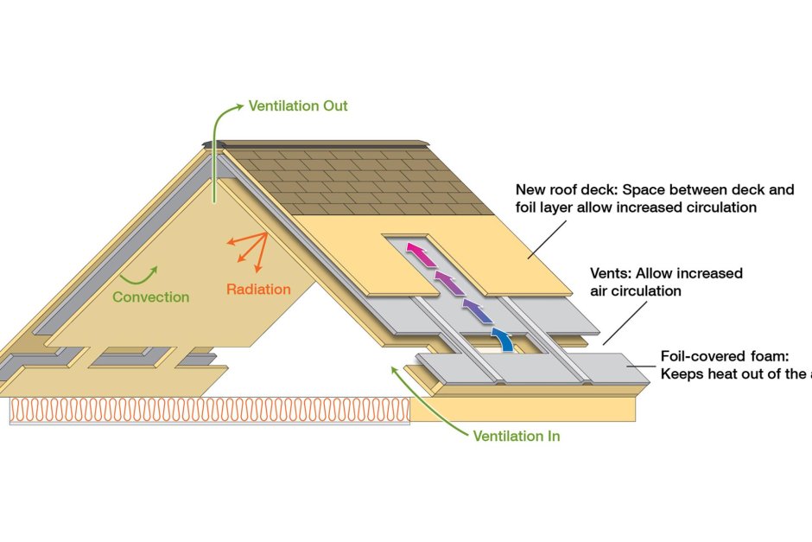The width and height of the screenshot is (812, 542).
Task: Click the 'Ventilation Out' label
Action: tap(298, 106)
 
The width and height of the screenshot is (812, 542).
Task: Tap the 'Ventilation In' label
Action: tap(516, 436)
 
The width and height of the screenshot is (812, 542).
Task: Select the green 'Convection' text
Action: tap(151, 297)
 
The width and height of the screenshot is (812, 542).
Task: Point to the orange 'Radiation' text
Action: tap(258, 289)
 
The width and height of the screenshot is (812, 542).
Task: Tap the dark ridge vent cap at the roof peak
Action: tap(213, 143)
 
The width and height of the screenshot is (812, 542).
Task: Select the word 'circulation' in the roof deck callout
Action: tap(721, 207)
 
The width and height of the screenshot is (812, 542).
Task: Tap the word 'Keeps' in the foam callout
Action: tap(681, 373)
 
